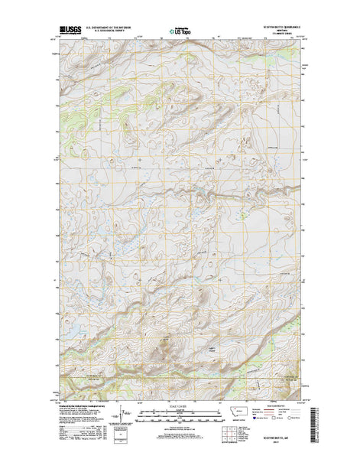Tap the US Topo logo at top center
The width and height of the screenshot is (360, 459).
(x=180, y=31)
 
